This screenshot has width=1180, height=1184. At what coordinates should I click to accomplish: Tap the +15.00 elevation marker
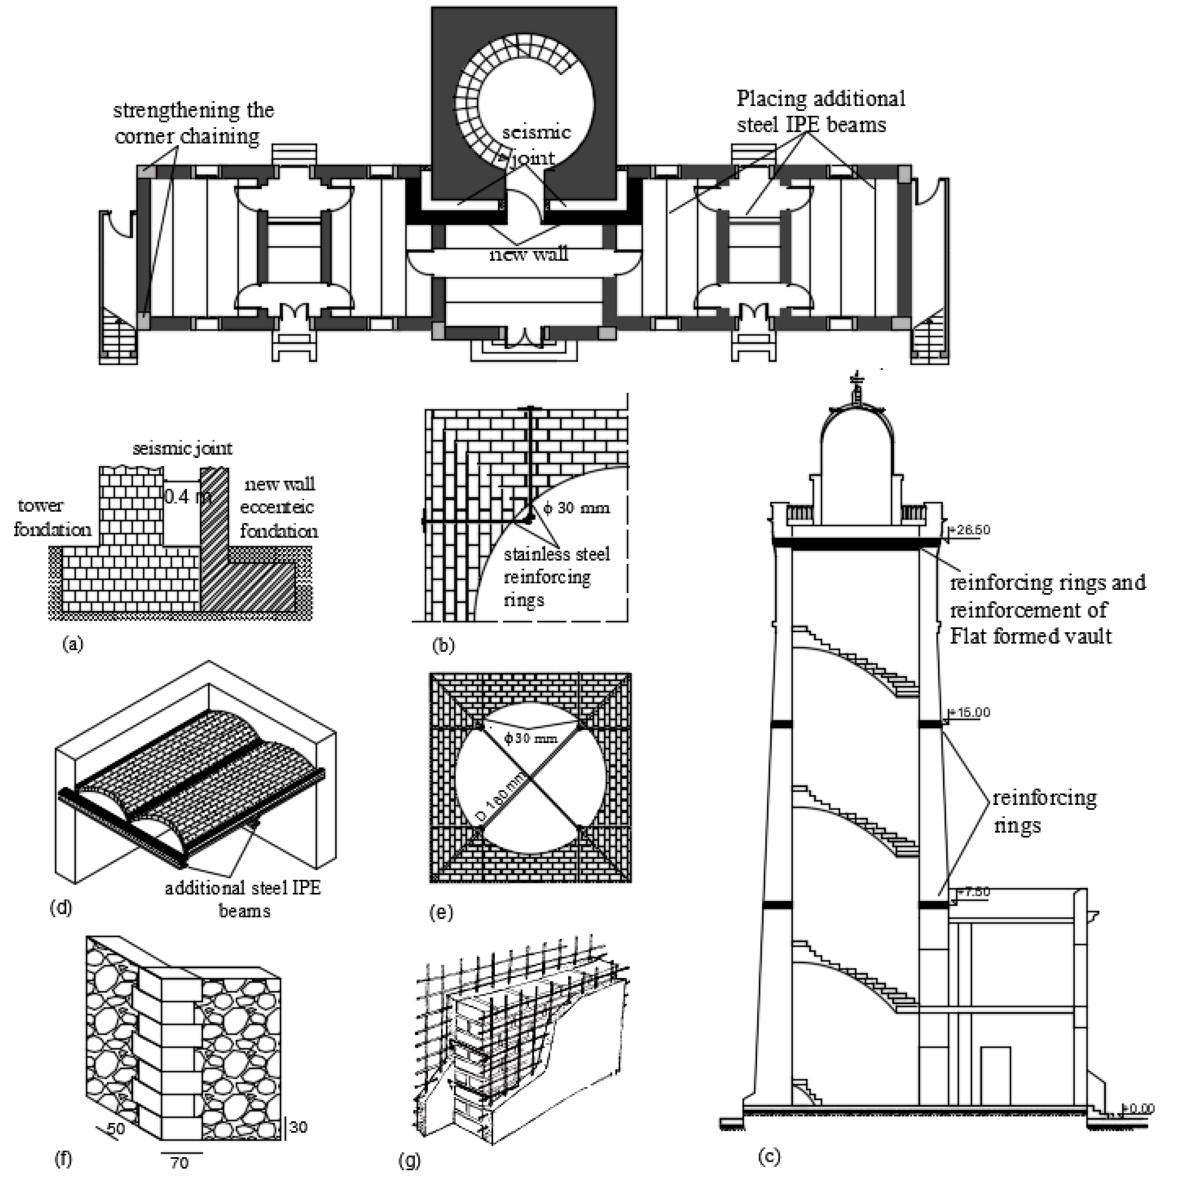coord(970,713)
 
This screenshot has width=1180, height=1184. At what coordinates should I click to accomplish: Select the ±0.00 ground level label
coord(1138,1108)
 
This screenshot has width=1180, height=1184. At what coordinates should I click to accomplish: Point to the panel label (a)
coord(73,644)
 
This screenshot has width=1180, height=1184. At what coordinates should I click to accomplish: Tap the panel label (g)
coord(409,1160)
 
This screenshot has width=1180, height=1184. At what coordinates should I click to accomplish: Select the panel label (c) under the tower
coord(769,1157)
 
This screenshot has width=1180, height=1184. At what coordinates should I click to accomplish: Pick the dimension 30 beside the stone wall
coord(299,1127)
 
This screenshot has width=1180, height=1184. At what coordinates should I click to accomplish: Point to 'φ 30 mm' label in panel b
coord(576,508)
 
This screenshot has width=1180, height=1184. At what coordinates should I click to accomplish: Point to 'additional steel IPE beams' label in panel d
coord(243,899)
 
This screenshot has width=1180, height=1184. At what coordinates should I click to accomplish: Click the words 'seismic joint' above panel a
coord(183,448)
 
